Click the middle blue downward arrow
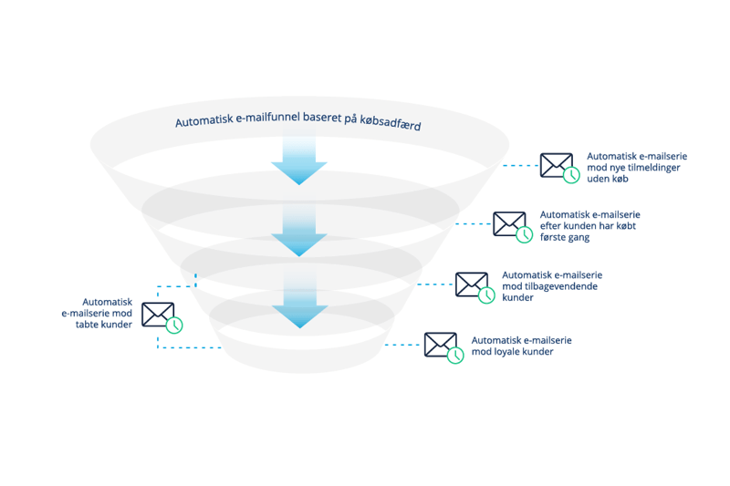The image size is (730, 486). (299, 230)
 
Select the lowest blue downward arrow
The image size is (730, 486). (300, 300)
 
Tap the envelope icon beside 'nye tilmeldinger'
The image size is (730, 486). (557, 165)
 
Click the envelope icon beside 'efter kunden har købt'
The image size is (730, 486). (509, 223)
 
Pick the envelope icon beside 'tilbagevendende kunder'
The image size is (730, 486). (472, 284)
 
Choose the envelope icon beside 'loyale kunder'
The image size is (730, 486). (441, 344)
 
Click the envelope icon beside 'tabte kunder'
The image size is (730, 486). (158, 315)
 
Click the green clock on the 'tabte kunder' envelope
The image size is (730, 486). (174, 326)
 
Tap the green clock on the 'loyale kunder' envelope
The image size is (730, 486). (455, 356)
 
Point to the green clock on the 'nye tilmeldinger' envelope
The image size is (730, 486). (571, 175)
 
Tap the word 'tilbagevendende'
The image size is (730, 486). (560, 286)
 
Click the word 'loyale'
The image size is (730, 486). (505, 352)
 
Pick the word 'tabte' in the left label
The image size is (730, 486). (88, 325)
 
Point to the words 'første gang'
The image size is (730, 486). (565, 237)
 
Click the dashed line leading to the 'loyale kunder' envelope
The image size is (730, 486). (402, 345)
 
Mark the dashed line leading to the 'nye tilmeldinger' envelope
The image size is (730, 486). (520, 166)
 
